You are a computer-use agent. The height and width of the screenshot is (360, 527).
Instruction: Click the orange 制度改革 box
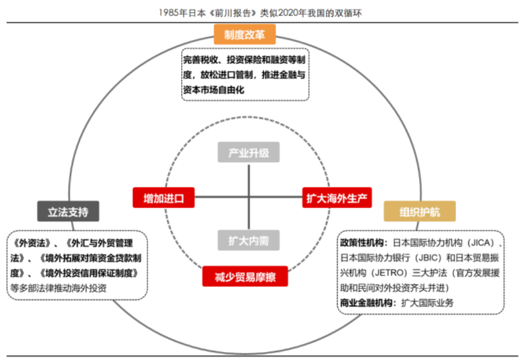(244, 34)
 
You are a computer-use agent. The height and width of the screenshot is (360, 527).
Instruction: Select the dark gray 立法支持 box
(69, 211)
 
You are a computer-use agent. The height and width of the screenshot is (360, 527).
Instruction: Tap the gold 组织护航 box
(420, 211)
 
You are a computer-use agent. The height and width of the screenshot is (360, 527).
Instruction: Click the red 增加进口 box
(163, 197)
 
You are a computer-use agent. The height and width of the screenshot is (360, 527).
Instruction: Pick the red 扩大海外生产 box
(337, 197)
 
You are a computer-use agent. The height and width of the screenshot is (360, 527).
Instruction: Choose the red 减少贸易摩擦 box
(245, 276)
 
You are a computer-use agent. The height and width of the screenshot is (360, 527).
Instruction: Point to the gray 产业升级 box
(249, 152)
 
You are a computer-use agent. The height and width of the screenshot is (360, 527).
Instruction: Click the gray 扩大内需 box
(249, 240)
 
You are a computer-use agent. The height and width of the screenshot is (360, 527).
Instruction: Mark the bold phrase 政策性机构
(362, 242)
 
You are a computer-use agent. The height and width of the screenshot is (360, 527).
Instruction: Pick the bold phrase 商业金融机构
(366, 303)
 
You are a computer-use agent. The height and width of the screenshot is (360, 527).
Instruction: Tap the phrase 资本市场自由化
(213, 90)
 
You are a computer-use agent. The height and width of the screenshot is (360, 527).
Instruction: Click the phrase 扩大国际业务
(428, 303)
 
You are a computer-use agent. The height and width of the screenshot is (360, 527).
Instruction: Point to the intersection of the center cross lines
(249, 197)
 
